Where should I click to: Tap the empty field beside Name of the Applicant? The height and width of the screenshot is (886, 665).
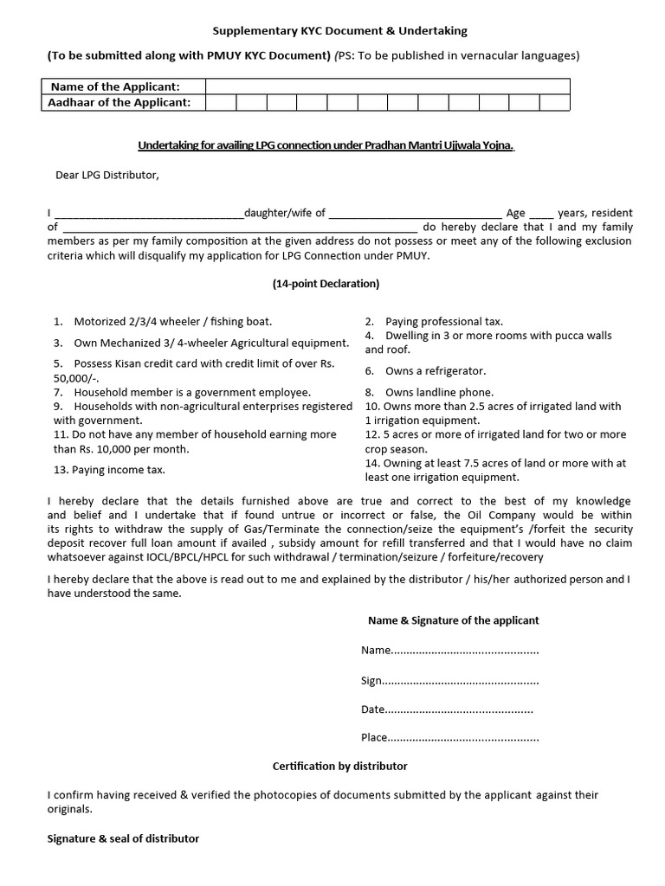pyautogui.click(x=387, y=87)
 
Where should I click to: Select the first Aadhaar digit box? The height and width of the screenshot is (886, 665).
pyautogui.click(x=221, y=103)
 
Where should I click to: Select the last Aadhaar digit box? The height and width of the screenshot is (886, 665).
pyautogui.click(x=554, y=103)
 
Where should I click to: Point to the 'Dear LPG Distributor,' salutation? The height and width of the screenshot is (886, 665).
pyautogui.click(x=107, y=175)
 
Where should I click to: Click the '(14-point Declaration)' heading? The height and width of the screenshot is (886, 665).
pyautogui.click(x=326, y=283)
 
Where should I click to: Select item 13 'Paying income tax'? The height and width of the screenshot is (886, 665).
pyautogui.click(x=109, y=470)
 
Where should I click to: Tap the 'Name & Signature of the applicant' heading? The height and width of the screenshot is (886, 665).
pyautogui.click(x=453, y=620)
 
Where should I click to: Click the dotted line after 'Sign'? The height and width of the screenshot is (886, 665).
pyautogui.click(x=461, y=681)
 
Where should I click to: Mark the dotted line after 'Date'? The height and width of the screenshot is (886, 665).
pyautogui.click(x=459, y=709)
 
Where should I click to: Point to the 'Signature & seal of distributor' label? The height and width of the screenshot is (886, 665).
pyautogui.click(x=124, y=838)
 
